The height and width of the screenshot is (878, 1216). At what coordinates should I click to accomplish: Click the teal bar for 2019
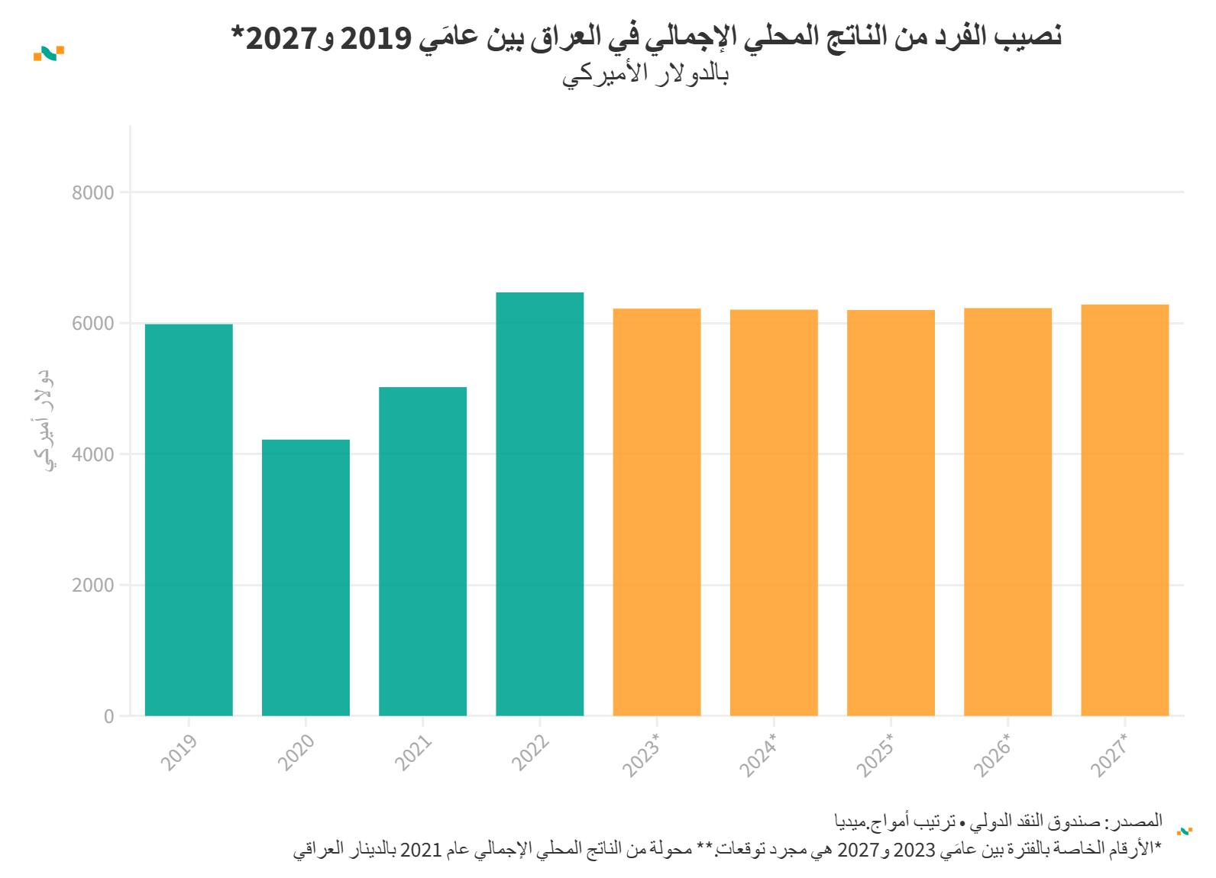(189, 519)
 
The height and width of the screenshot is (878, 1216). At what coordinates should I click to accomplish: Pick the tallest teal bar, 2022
(539, 504)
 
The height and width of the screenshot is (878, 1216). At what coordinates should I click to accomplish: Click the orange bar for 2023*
(656, 512)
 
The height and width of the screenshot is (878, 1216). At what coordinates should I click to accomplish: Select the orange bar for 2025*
(891, 512)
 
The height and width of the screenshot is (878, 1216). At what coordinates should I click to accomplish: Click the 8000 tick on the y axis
(93, 192)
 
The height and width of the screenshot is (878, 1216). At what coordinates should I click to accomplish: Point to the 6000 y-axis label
(93, 324)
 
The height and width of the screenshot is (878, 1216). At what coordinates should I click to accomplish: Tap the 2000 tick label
(93, 586)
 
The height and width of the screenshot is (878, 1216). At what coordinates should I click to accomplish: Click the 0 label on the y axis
(109, 717)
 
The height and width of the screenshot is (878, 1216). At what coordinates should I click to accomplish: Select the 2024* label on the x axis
(758, 755)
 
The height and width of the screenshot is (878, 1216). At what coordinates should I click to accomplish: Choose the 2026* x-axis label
(991, 755)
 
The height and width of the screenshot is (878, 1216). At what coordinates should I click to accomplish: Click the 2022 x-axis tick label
(529, 753)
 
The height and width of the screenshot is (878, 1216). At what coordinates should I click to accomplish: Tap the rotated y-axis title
(44, 420)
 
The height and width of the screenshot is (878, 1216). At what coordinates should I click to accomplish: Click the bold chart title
(646, 37)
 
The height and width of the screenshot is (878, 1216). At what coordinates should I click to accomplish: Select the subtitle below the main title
(646, 74)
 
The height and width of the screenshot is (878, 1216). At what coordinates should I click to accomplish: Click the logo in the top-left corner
(49, 53)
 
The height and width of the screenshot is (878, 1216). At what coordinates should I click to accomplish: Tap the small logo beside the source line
(1185, 831)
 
